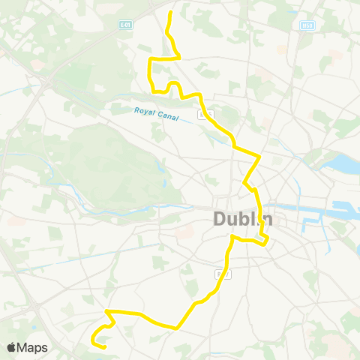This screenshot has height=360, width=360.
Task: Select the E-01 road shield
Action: click(x=125, y=24)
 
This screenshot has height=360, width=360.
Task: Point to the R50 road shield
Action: click(x=306, y=25)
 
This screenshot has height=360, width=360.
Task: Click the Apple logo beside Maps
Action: click(x=12, y=347)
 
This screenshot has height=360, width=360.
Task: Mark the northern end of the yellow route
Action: click(x=170, y=12)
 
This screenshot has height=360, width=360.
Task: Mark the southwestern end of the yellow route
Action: click(x=102, y=346)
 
